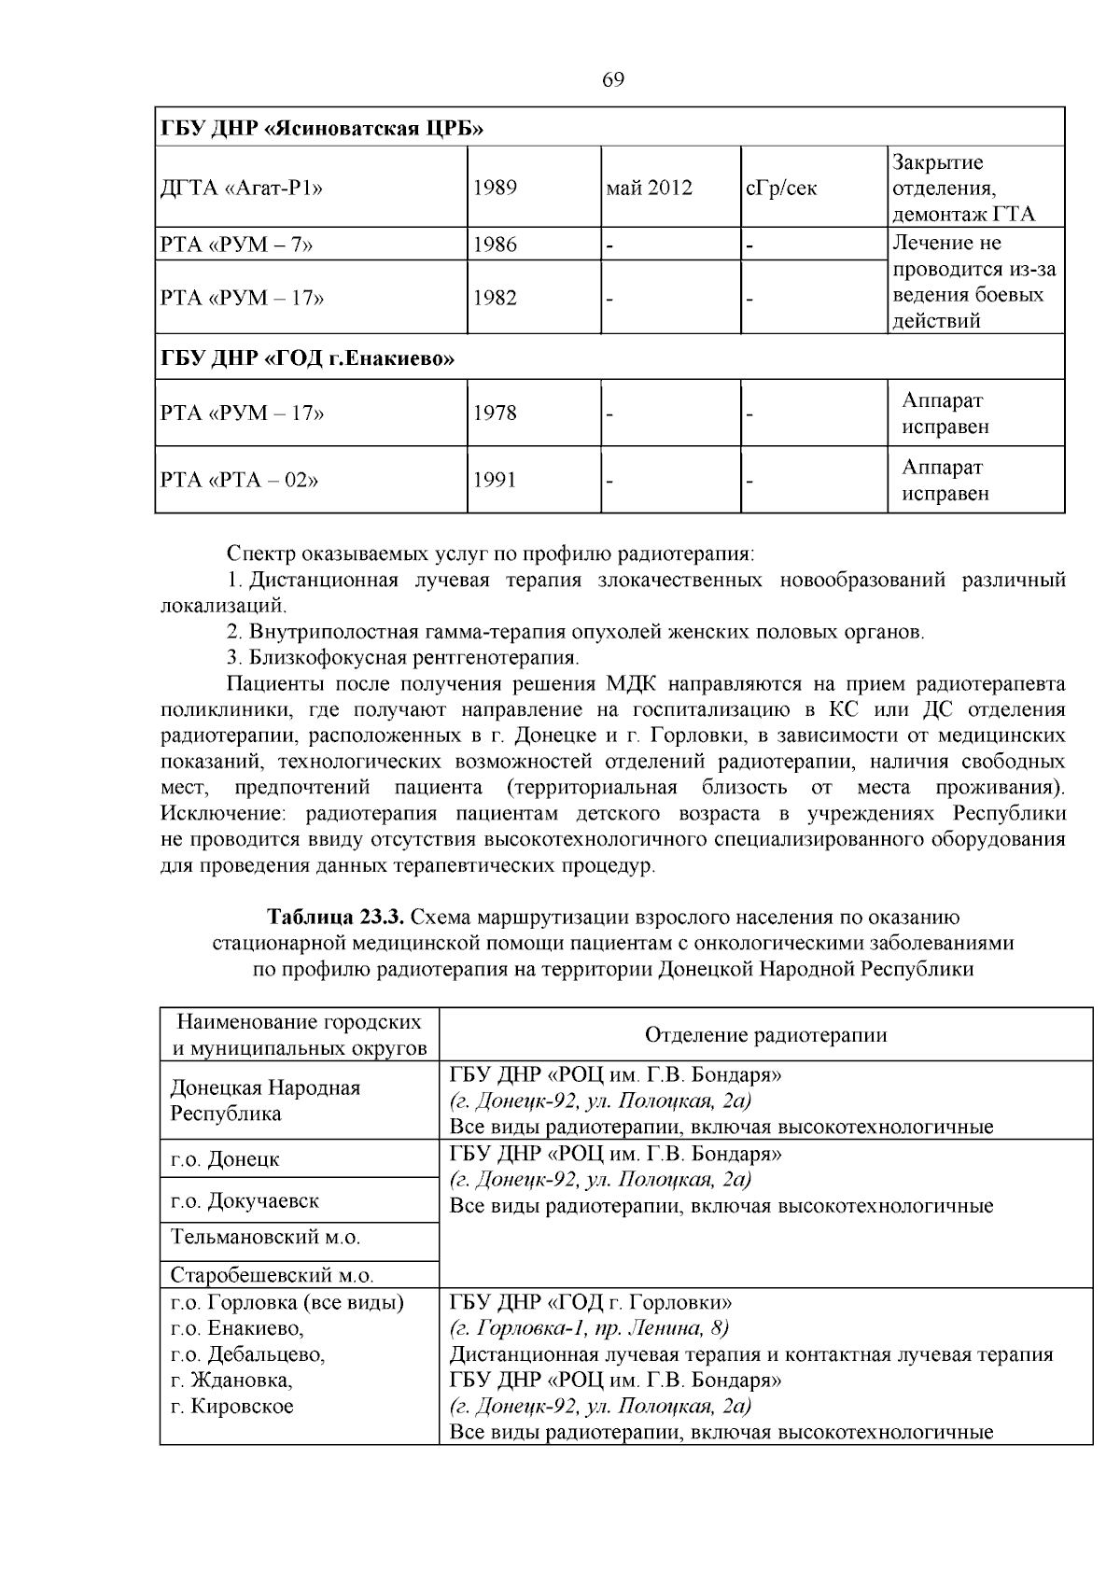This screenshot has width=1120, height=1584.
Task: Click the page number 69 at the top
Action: click(613, 80)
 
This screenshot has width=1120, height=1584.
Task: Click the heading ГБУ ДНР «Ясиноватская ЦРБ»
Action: click(322, 128)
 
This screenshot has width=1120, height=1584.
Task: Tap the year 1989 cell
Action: click(495, 188)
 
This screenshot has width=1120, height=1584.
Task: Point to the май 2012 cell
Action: click(650, 188)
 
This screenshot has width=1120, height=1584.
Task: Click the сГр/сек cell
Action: click(781, 188)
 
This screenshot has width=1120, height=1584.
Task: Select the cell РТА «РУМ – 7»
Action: click(237, 245)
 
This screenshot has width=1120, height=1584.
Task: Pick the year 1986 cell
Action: click(495, 245)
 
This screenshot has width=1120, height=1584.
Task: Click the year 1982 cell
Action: click(495, 298)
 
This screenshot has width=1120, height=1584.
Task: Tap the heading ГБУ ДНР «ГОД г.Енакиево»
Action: click(308, 358)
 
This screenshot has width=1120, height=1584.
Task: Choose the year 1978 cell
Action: click(495, 413)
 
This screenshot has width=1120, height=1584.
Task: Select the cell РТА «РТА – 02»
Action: click(240, 481)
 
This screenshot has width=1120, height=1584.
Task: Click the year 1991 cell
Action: click(495, 481)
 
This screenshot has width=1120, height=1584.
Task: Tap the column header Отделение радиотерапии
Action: click(765, 1034)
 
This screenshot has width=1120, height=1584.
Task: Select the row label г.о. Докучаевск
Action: click(245, 1200)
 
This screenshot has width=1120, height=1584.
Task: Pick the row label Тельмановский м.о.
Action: click(265, 1238)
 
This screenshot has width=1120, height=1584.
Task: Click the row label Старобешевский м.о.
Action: click(272, 1275)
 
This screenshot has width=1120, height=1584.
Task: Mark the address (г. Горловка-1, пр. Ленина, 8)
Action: click(589, 1327)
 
